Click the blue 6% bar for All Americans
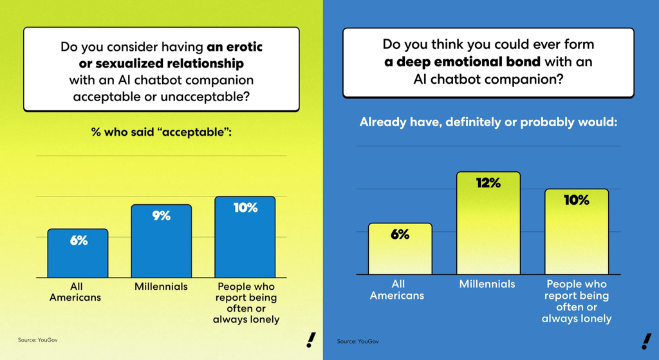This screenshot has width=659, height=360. [x=77, y=254]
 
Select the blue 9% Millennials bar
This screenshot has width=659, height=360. [x=161, y=242]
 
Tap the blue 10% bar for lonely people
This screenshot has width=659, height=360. [x=245, y=238]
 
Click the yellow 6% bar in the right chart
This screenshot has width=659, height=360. [x=400, y=249]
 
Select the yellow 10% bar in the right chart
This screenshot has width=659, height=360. [x=577, y=232]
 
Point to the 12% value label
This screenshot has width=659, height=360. [x=488, y=183]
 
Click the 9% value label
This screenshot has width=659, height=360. [x=161, y=216]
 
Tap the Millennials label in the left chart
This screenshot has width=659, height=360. [x=161, y=287]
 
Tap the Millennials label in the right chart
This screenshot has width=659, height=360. [x=487, y=284]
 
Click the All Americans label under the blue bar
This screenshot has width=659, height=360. [x=75, y=292]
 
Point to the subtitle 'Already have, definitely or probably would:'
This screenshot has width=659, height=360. [x=488, y=122]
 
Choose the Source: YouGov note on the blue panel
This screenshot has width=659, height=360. [x=358, y=340]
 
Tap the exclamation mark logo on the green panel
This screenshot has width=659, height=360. [x=311, y=340]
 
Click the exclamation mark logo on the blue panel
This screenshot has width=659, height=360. [x=645, y=341]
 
